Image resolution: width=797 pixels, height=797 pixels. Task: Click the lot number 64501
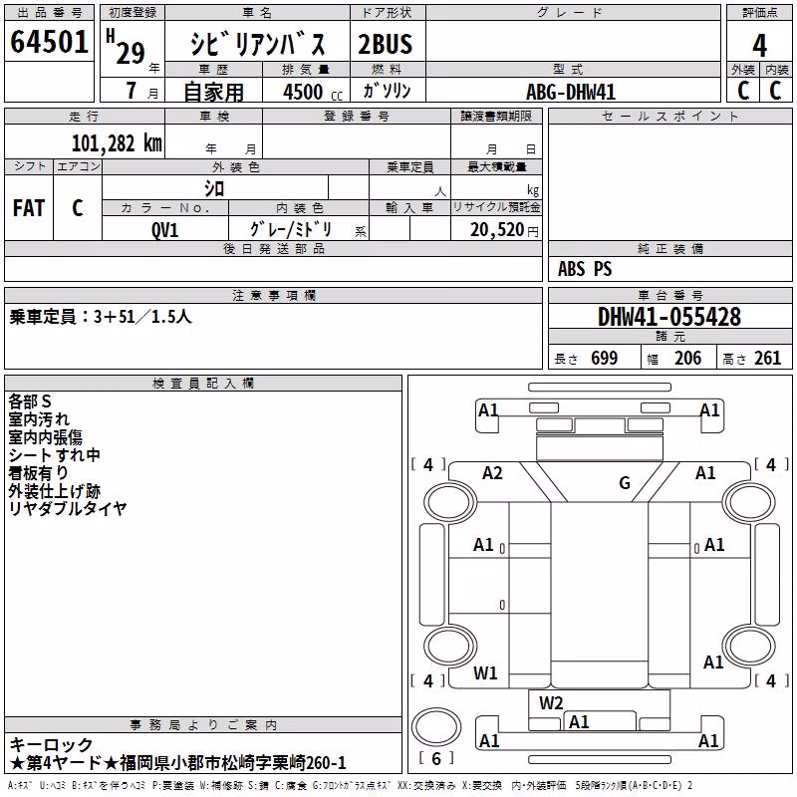49,41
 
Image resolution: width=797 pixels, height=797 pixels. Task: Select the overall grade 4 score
759,45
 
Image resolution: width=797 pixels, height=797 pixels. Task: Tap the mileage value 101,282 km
117,142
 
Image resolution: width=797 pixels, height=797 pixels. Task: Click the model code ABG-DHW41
571,92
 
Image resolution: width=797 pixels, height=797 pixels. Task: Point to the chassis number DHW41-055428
669,317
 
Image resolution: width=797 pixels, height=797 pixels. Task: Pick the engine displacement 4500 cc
313,92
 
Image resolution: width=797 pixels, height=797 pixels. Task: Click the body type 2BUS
386,44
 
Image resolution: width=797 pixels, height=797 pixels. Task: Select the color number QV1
164,230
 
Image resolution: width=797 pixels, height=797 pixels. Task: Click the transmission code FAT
29,208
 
